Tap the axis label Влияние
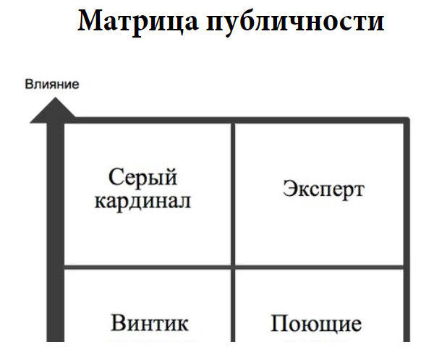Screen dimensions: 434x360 52,85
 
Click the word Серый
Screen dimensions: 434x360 143,177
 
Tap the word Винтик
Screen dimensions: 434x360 150,322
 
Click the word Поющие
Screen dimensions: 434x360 316,322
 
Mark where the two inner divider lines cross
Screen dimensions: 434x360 233,266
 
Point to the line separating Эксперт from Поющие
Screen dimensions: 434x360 318,266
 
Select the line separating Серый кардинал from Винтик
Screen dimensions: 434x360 148,266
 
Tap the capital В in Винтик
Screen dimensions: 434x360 118,322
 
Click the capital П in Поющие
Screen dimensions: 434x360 279,322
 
